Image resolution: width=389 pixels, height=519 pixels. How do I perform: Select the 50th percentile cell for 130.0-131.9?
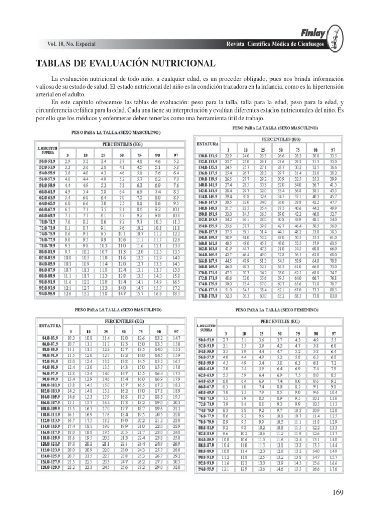coord(280,155)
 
